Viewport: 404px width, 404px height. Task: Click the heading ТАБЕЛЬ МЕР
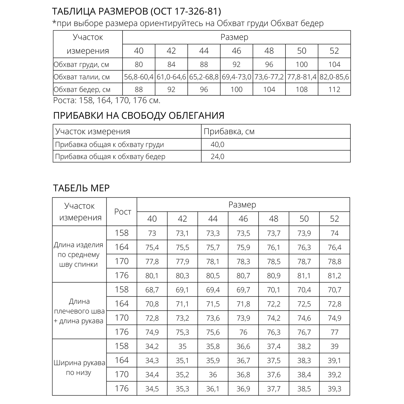[x=81, y=188]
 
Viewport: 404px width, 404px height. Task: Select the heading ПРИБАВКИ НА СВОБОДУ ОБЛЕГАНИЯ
[x=139, y=116]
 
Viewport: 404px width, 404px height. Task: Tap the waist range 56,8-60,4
[x=139, y=77]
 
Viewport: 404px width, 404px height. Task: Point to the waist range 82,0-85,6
[x=334, y=77]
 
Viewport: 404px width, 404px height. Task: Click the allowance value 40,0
[x=217, y=145]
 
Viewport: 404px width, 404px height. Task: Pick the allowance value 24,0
[x=217, y=156]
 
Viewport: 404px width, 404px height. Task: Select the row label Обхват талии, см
[x=82, y=77]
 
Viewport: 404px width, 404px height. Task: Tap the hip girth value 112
[x=334, y=89]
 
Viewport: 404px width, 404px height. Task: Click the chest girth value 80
[x=139, y=65]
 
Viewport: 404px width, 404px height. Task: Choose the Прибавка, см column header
[x=229, y=132]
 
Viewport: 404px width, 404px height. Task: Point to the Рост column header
[x=123, y=212]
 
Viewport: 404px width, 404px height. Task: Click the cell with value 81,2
[x=335, y=276]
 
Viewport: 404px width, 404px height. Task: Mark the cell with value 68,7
[x=152, y=290]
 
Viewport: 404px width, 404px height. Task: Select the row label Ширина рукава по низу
[x=79, y=368]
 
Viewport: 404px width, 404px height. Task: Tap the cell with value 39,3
[x=335, y=389]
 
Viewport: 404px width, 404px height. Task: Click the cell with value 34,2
[x=152, y=347]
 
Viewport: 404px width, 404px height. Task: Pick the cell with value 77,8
[x=152, y=262]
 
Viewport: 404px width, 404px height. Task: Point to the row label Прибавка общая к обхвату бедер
[x=110, y=156]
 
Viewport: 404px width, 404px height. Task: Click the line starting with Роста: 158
[x=107, y=101]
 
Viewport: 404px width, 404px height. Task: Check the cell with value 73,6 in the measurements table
[x=213, y=318]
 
